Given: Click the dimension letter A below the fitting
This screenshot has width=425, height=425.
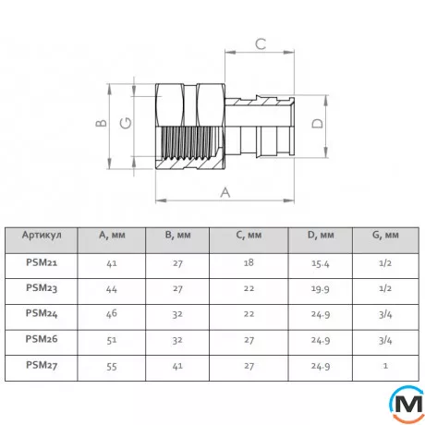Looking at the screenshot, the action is [x=225, y=192].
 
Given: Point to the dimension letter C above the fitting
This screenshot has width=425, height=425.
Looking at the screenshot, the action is [x=261, y=44].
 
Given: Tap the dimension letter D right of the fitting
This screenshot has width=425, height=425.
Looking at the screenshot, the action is [x=318, y=124].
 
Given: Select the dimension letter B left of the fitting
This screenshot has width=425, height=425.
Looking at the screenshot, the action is [x=101, y=123].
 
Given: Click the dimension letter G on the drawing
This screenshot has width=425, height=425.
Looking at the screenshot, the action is [x=126, y=123].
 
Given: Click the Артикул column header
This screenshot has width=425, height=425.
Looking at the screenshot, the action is [x=42, y=235].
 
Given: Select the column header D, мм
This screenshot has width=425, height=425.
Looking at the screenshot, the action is [x=321, y=236].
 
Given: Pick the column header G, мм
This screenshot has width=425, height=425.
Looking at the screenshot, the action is [x=385, y=236].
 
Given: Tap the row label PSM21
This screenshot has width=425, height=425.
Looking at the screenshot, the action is [x=42, y=262].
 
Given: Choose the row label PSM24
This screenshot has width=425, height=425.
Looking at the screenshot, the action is [x=42, y=313].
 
